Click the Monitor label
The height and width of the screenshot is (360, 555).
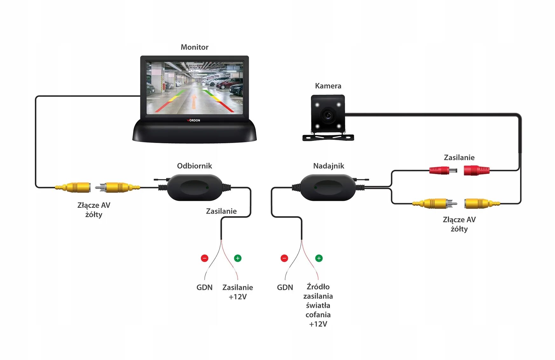[194, 47]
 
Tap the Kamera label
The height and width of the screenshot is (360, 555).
[328, 86]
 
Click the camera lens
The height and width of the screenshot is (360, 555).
[328, 115]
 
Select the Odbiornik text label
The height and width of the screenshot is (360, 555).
[194, 166]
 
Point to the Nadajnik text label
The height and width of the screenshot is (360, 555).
[328, 166]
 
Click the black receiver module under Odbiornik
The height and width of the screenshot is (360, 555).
[195, 187]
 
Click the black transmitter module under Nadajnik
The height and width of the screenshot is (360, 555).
[328, 187]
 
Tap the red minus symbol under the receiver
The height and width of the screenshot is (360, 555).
[204, 258]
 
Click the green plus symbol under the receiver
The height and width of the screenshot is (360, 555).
[237, 258]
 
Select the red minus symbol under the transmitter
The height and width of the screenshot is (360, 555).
[284, 258]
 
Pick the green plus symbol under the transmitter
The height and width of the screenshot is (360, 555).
[319, 258]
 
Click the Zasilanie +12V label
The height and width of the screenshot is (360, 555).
[237, 292]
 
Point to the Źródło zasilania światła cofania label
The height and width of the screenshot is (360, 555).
[318, 305]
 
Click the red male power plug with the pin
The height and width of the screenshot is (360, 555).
[442, 171]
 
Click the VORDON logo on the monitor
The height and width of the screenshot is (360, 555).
[194, 120]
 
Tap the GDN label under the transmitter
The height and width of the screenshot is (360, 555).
[285, 288]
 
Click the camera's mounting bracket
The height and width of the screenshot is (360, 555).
[328, 137]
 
